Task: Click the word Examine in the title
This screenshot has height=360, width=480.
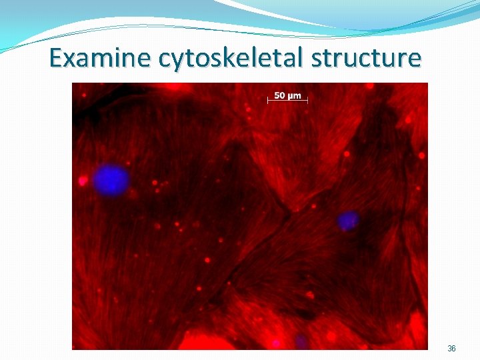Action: [x=101, y=58]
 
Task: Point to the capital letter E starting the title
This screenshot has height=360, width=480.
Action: [x=57, y=58]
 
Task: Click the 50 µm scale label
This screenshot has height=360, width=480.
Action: [x=288, y=95]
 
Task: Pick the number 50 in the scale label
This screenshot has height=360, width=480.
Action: [x=281, y=95]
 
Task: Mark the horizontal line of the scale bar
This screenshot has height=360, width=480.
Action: [x=288, y=101]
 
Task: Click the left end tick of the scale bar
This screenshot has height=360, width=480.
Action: [x=268, y=101]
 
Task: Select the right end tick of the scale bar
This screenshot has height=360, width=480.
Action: [x=308, y=101]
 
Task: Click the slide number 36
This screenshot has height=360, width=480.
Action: [x=451, y=349]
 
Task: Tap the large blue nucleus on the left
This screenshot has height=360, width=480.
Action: [x=111, y=180]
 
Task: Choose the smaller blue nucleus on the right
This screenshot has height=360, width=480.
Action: [x=347, y=221]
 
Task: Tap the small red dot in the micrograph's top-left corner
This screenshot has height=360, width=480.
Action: [x=84, y=95]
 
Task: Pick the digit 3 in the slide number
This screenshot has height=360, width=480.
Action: [x=449, y=349]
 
